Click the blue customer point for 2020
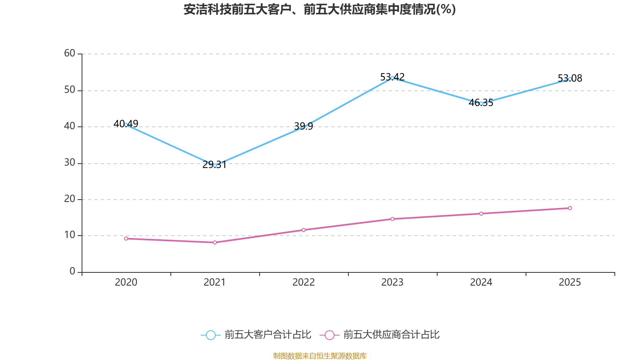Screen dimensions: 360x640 tap(126, 125)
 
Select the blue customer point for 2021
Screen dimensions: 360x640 tap(215, 165)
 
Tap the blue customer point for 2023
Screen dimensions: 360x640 tap(392, 78)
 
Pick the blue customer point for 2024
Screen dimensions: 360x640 tap(481, 104)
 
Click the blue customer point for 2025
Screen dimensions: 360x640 tap(570, 79)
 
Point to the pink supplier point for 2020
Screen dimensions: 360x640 tap(126, 238)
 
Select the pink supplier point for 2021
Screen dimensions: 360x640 tap(215, 242)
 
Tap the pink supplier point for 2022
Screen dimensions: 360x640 tap(304, 230)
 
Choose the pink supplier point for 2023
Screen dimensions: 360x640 tap(392, 219)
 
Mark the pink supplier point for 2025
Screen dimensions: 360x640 tap(570, 208)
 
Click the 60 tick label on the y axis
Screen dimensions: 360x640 tap(70, 53)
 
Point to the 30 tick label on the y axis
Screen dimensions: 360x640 tap(70, 162)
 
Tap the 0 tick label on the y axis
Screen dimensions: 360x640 tap(72, 271)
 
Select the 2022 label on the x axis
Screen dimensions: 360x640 tap(304, 282)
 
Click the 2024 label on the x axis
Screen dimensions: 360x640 tap(481, 282)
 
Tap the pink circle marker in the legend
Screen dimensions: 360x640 tap(329, 335)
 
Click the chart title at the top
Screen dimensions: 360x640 tap(320, 9)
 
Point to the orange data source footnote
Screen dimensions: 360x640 tap(320, 356)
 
